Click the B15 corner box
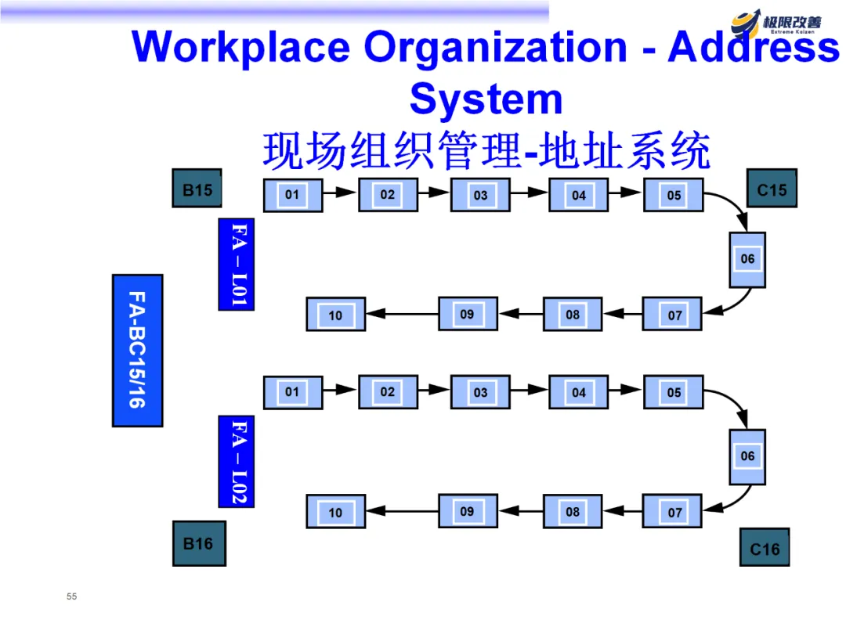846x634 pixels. [x=197, y=189]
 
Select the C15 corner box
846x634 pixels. [x=772, y=189]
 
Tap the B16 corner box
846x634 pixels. [x=198, y=543]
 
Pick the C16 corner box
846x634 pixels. [x=765, y=547]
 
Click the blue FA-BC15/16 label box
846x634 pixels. [x=137, y=350]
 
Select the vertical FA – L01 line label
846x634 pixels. [x=237, y=264]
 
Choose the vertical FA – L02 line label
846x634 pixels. [x=237, y=461]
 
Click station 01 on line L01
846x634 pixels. [x=292, y=195]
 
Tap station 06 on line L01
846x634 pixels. [x=747, y=259]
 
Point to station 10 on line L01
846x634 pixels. [x=335, y=315]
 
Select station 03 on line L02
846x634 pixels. [x=480, y=392]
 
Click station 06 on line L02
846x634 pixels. [x=747, y=456]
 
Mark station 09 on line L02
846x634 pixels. [x=468, y=511]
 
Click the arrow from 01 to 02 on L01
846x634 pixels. [x=340, y=192]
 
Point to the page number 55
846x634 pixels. [x=72, y=597]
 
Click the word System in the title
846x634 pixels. [x=486, y=99]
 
